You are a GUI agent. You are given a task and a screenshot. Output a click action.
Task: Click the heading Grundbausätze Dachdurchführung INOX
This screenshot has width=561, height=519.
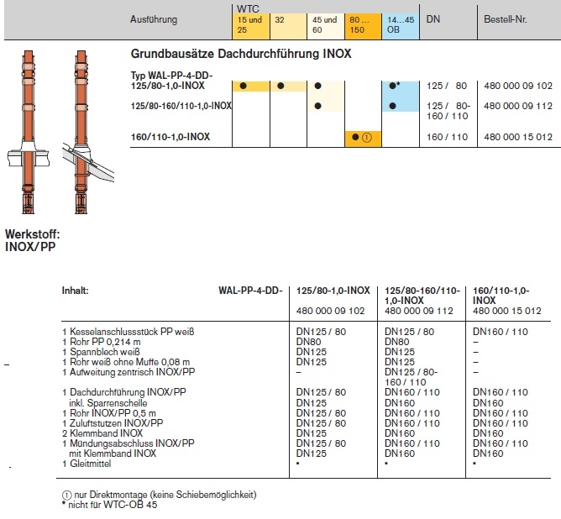241,53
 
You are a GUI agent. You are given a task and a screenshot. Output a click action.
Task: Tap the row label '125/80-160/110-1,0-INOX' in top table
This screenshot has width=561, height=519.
181,106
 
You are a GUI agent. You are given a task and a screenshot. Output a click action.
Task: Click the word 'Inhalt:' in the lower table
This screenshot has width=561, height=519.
76,291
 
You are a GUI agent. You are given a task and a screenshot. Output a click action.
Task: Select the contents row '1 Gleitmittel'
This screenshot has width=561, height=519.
89,463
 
